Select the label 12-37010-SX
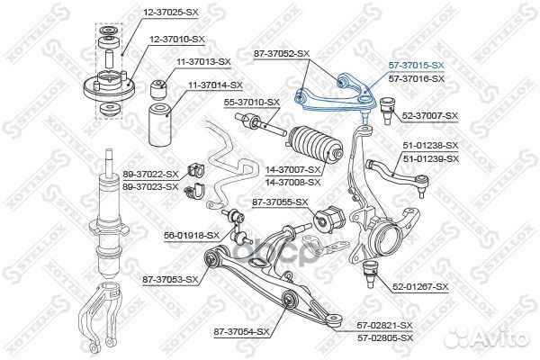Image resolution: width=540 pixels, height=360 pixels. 176,39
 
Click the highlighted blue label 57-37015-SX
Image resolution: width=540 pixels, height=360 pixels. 417,66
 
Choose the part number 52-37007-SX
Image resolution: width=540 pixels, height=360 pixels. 430,116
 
